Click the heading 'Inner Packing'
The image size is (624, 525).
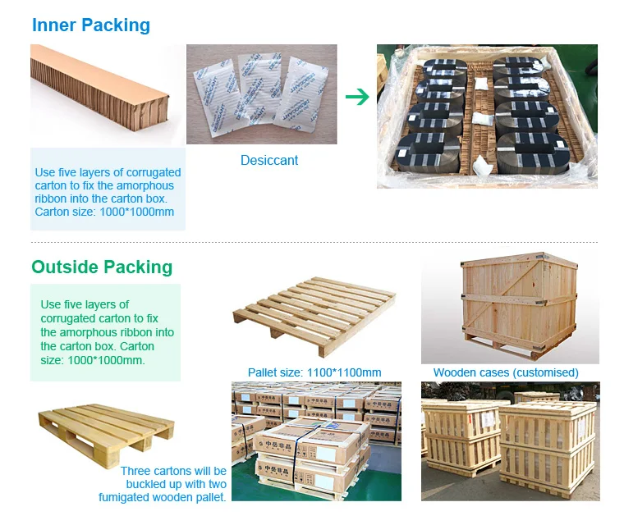click(91, 25)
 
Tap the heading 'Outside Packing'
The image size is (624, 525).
click(102, 267)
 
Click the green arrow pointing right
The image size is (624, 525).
click(357, 97)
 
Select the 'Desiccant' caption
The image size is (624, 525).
click(269, 161)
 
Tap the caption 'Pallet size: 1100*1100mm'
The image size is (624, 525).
click(314, 372)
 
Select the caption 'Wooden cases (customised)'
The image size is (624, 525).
click(506, 372)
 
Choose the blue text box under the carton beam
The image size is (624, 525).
click(108, 189)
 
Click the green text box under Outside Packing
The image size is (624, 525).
click(105, 332)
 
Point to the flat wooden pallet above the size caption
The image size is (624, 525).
click(314, 317)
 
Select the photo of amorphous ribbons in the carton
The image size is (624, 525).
click(487, 116)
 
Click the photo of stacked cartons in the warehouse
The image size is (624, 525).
click(316, 441)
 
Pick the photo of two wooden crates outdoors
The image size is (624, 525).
click(510, 441)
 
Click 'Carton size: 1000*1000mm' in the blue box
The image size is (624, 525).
click(104, 212)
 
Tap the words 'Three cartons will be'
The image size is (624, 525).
click(173, 471)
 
